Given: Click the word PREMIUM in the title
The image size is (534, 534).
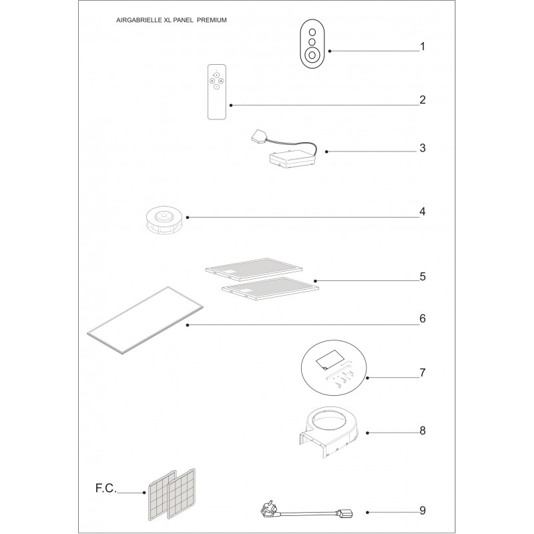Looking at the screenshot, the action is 212,20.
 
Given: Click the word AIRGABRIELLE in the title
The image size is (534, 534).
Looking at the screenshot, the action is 139,20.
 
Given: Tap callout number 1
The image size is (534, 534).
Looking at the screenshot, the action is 423,46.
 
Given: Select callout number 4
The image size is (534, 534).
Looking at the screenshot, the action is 423,212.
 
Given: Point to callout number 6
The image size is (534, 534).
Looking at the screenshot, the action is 423,318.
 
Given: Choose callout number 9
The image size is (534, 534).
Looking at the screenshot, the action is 423,511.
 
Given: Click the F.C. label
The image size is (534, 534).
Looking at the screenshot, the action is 106,488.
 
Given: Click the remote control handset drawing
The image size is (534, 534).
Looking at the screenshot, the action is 217,91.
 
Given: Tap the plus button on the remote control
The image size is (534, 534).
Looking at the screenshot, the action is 216,75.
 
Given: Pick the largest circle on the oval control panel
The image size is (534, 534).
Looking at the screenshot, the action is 312,55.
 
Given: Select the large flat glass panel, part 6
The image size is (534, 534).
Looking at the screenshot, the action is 146,320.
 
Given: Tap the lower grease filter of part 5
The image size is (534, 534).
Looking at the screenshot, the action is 271,289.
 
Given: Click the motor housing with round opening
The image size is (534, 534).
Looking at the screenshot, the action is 328,431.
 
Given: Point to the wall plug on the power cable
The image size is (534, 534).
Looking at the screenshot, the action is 269,511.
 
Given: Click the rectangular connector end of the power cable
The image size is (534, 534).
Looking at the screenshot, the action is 345,513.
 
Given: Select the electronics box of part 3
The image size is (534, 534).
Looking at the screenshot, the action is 292,160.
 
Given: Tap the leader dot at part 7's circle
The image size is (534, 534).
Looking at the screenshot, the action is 368,378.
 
